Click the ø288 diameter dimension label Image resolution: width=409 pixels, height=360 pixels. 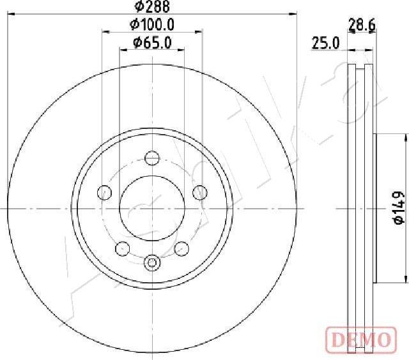coord(152,6)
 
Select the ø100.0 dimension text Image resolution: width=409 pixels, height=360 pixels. coord(152,25)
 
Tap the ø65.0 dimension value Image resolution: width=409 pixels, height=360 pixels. coord(152,43)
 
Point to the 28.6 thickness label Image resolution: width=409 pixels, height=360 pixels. coord(362,26)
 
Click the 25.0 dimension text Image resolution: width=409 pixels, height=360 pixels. coord(325,43)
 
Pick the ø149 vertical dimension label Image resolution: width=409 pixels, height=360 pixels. coord(399,208)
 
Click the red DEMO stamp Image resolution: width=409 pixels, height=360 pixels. coord(361,339)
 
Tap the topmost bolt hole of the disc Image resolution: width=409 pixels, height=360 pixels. coord(152,158)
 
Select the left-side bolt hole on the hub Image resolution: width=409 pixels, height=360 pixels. coord(104,193)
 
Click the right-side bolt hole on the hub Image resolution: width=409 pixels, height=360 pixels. coord(200,193)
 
